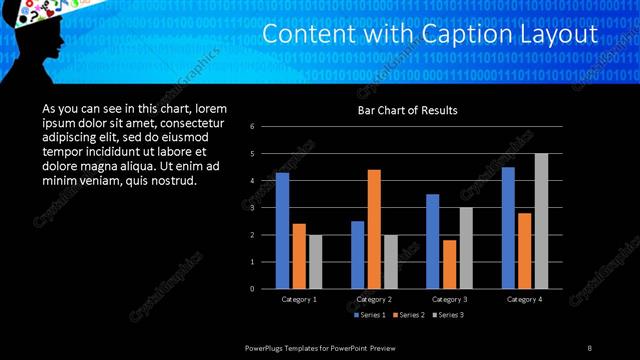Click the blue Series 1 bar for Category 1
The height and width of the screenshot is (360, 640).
(282, 230)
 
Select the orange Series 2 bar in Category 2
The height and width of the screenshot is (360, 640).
(374, 228)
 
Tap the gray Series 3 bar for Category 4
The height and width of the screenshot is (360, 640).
(541, 220)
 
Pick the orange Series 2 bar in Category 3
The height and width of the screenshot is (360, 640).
(449, 264)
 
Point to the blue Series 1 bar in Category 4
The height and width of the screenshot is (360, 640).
(508, 227)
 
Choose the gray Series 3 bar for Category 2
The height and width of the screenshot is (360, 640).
(390, 261)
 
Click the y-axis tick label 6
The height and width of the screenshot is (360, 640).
(252, 126)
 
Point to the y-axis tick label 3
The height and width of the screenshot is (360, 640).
(252, 207)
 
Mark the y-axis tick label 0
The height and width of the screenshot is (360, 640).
(252, 288)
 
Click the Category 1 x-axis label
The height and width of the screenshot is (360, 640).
(298, 299)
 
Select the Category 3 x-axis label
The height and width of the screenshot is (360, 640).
(450, 299)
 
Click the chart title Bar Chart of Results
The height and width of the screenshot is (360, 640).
(408, 110)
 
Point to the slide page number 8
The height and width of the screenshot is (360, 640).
(589, 347)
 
